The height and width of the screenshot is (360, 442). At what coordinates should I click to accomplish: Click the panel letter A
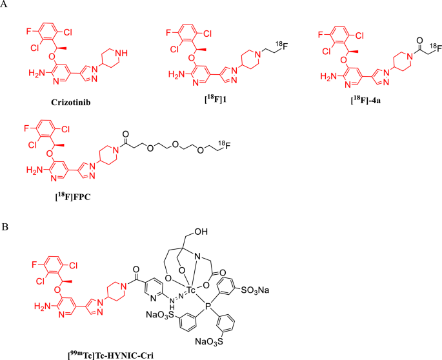(x=5, y=6)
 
